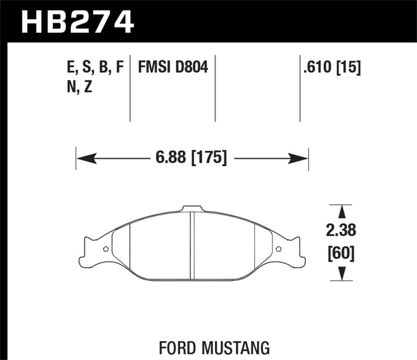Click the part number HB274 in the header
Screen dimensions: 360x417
point(77,22)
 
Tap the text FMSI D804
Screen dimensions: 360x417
point(173,67)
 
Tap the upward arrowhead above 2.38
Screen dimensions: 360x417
point(342,211)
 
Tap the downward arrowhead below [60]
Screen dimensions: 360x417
point(342,272)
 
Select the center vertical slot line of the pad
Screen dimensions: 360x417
point(191,245)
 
